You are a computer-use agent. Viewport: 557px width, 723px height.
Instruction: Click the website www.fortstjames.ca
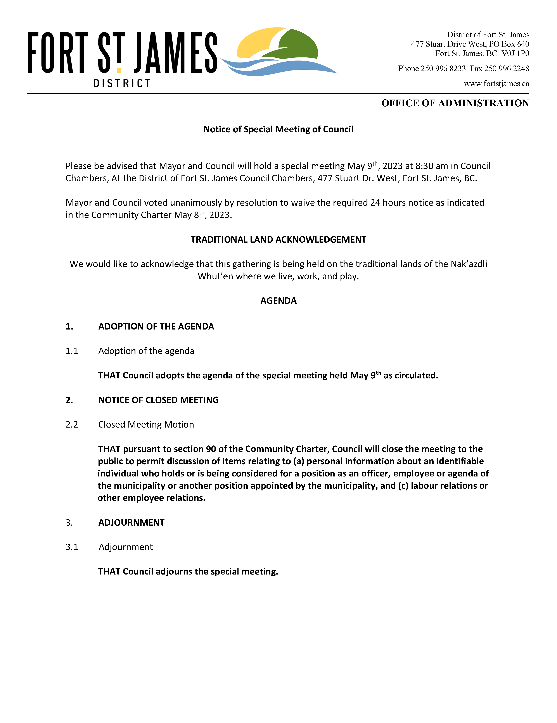[496, 84]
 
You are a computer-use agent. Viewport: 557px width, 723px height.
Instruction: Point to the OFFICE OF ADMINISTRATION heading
[455, 103]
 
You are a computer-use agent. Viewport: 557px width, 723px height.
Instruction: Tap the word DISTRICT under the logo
[122, 83]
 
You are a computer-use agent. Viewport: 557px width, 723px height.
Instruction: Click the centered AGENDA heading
[278, 301]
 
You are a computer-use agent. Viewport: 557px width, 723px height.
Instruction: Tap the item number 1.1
[72, 351]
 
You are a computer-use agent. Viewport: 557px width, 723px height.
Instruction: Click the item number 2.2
[72, 424]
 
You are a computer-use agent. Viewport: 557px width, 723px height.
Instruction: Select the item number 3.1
[72, 547]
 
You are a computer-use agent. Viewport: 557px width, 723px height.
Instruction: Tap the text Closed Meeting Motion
[146, 424]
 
